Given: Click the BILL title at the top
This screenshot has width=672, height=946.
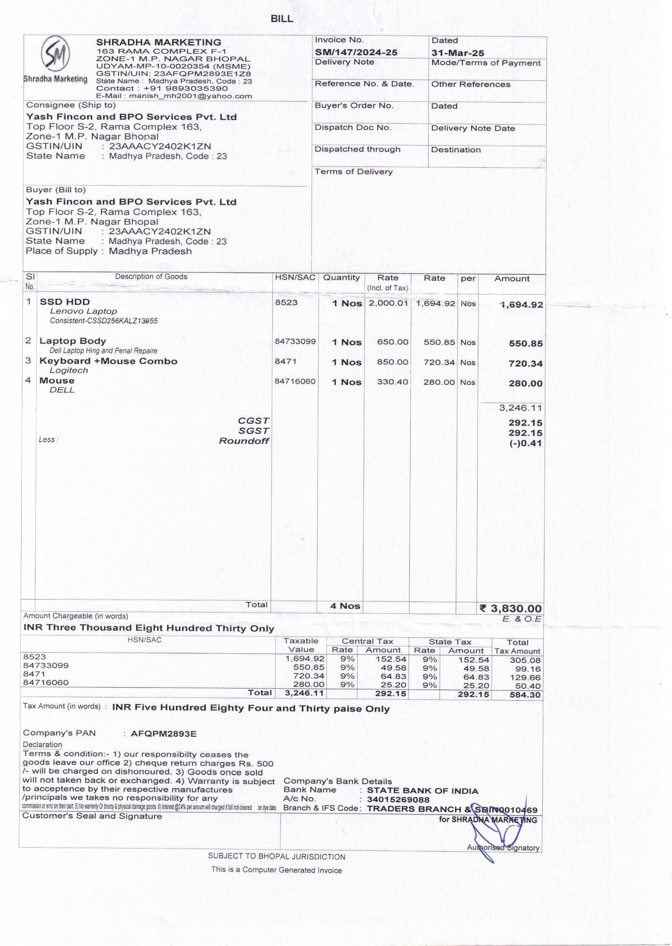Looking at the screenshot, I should tap(281, 19).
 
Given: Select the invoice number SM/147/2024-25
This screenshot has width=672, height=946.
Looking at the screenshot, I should tap(356, 52).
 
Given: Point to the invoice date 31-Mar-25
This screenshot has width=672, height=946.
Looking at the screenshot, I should tap(457, 53).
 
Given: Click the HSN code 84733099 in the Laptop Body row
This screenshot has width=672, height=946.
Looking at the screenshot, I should tap(295, 341).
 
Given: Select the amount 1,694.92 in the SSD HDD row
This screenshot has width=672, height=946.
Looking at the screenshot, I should tap(522, 305).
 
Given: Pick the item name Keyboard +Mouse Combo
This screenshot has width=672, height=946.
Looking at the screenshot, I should tap(108, 361).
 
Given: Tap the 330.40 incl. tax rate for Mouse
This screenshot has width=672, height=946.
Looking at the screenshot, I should tap(392, 382).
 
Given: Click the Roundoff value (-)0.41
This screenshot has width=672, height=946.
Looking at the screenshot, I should tap(526, 443).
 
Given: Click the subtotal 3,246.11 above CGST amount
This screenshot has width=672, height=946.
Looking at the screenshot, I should tap(520, 408).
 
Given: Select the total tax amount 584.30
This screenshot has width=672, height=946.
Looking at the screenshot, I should tap(525, 695).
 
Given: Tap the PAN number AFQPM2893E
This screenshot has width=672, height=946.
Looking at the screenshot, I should tap(164, 734).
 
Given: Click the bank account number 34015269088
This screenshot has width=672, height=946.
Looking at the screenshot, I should tap(398, 800).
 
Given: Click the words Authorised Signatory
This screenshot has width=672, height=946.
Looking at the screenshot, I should tap(503, 848).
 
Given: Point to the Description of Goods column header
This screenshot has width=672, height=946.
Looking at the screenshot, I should tap(151, 277).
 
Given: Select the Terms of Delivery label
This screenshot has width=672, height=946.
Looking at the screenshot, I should tap(354, 171).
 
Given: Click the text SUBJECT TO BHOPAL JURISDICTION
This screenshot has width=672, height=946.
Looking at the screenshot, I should tap(276, 857).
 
